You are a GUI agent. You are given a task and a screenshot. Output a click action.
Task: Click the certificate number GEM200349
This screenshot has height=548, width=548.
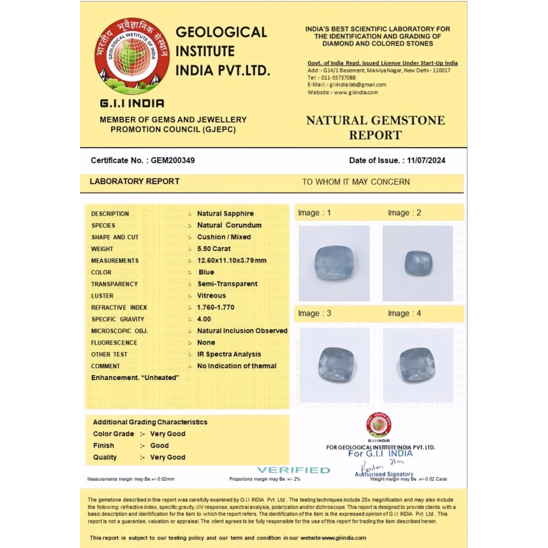tap(173, 160)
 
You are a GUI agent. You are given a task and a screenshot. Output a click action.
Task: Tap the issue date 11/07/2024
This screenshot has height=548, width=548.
tap(426, 160)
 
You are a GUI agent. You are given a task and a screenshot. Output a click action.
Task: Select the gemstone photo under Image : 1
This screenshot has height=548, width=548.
tap(334, 263)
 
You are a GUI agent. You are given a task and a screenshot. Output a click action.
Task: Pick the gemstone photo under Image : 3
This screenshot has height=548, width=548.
tap(335, 365)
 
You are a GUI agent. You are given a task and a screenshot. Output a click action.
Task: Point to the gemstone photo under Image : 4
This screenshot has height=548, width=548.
tap(417, 365)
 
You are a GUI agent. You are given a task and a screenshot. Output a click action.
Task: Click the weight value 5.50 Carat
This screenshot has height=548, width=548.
tap(214, 249)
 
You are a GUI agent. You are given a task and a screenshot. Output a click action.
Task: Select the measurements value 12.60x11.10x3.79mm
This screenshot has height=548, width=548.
tap(232, 260)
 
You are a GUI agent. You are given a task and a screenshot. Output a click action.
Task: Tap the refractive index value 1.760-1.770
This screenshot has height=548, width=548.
tap(216, 307)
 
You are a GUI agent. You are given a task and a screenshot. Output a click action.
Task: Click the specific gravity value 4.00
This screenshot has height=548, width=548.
tap(204, 319)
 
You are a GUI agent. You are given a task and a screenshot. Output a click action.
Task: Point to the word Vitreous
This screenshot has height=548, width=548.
tap(211, 296)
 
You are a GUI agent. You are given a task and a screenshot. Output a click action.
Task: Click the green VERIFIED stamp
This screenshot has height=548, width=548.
tap(294, 470)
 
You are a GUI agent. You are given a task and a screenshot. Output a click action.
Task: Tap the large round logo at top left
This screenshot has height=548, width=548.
tap(132, 56)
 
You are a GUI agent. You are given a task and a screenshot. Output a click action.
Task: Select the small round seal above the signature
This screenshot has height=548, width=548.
tap(379, 425)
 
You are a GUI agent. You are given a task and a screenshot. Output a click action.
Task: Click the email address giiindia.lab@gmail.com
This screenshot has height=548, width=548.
tap(358, 85)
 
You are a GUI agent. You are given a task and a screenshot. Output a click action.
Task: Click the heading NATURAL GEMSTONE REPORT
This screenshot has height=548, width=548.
tap(376, 128)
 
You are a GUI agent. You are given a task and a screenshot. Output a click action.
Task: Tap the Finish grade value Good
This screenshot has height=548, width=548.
tap(160, 446)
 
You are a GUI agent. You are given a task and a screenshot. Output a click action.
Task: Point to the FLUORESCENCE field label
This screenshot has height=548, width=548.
tap(114, 342)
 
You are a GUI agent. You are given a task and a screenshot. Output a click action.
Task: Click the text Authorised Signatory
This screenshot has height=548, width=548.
tap(384, 474)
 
